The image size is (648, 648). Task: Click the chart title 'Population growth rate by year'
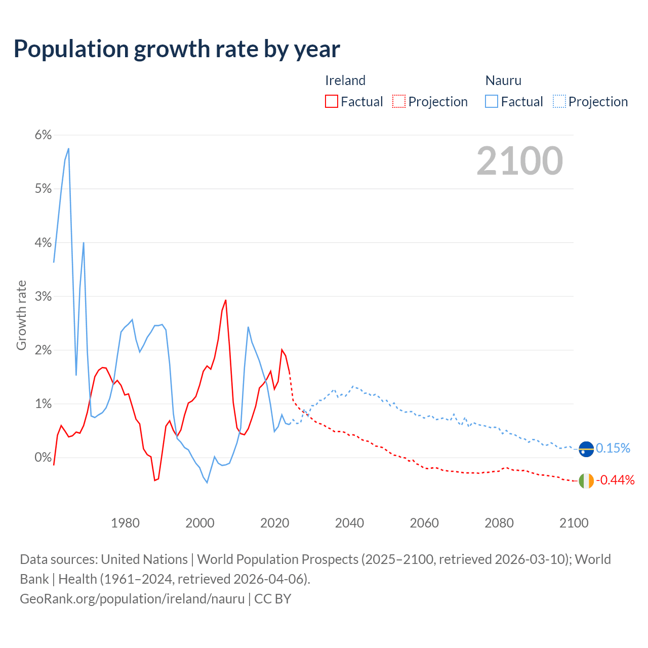(177, 49)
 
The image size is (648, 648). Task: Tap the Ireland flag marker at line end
(586, 481)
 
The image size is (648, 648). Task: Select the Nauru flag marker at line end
(586, 449)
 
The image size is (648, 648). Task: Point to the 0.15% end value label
(613, 448)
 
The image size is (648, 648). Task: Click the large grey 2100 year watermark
(519, 161)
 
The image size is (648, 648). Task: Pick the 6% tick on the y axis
(43, 135)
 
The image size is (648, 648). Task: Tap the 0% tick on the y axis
(43, 457)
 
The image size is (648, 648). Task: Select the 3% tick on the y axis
(43, 296)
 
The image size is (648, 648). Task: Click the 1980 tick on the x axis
(125, 523)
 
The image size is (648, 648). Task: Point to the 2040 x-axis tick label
(349, 523)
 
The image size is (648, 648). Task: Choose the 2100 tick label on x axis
(574, 523)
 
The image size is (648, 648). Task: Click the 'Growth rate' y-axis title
(21, 315)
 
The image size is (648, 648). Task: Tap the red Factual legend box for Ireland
(332, 102)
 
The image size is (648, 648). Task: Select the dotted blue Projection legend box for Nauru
(559, 102)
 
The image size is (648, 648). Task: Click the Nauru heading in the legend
(503, 80)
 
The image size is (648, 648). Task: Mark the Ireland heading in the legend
(345, 80)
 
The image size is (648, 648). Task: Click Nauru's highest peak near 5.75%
(68, 149)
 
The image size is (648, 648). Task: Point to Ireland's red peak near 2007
(225, 300)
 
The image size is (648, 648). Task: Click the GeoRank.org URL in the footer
(132, 598)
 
